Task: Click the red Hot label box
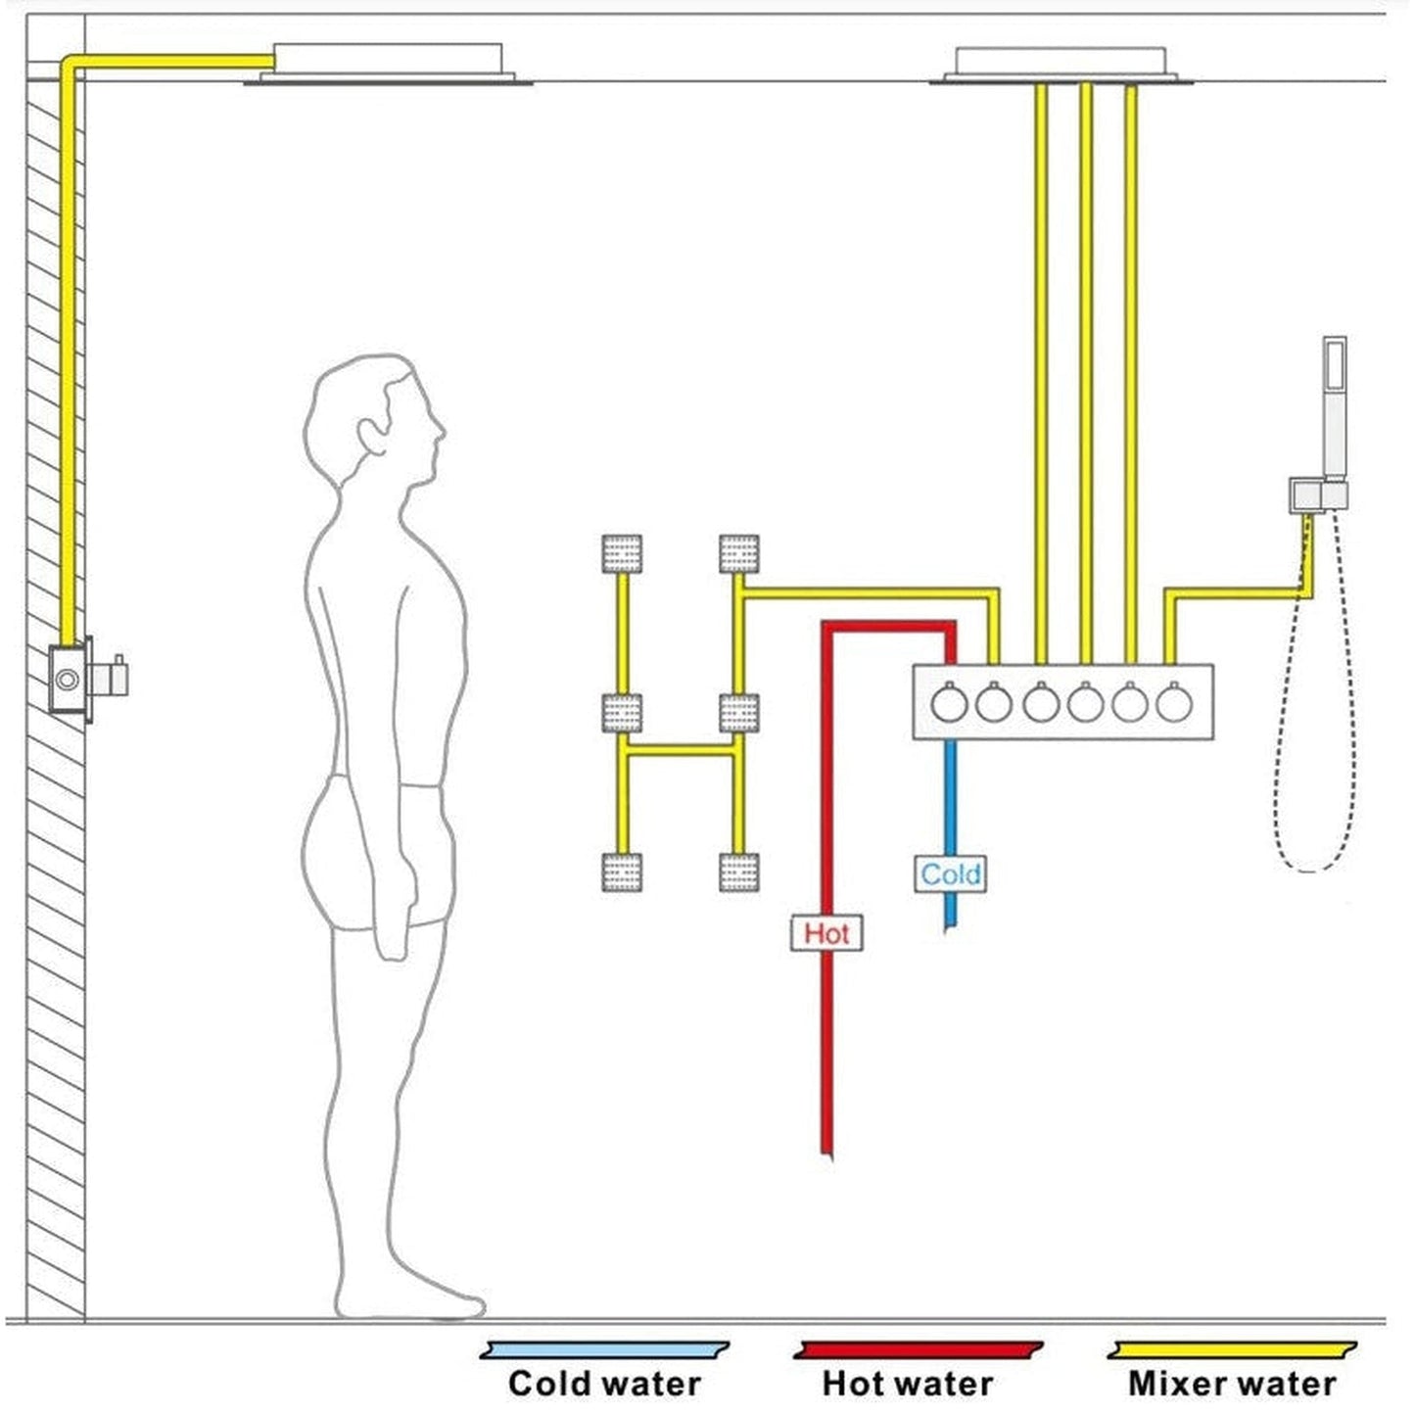click(826, 933)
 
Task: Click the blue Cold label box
click(950, 873)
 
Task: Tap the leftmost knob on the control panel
click(949, 703)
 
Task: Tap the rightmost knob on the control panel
click(1173, 703)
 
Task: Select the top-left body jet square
click(622, 553)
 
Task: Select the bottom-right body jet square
click(738, 872)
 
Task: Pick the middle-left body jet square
click(622, 713)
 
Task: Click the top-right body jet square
click(738, 553)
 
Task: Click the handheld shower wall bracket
click(1316, 495)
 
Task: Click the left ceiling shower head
click(388, 65)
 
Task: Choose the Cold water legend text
click(604, 1383)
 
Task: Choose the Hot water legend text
click(907, 1383)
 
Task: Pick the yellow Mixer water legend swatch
click(1232, 1351)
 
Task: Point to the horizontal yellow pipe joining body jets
click(680, 751)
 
